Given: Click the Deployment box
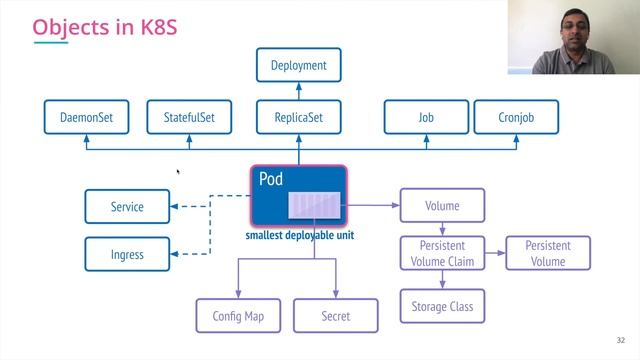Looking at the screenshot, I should coord(298,66).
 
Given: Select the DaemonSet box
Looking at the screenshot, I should coord(86,117).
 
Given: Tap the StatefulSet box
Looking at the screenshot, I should coord(190,117).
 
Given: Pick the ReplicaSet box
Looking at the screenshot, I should coord(298,117).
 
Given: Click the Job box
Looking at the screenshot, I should coord(426,117).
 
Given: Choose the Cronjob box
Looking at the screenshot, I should coord(515,117).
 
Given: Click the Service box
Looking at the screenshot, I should coord(127,207).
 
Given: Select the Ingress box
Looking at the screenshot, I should coord(127,255).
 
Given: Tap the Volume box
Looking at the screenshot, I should coord(442,206).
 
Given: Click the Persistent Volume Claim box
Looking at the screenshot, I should coord(442,254).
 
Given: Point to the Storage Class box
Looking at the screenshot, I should coord(442,306).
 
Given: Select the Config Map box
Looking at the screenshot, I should coord(238,316).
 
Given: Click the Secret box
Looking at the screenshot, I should coord(336,316).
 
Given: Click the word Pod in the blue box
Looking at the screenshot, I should coord(271,179).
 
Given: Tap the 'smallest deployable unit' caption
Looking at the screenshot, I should coord(297,236).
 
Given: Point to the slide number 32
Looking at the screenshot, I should coord(621,339).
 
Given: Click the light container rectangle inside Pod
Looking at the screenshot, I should coord(316,206).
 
